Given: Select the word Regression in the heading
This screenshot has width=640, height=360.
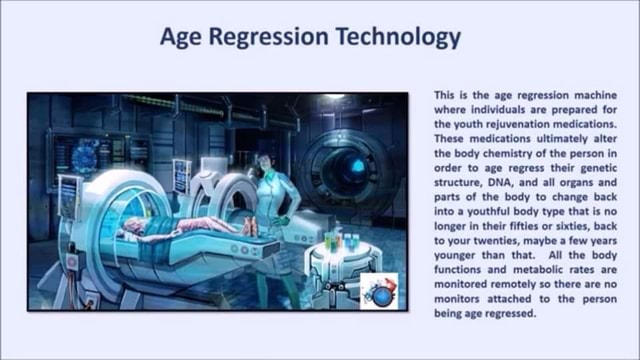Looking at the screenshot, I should [x=276, y=38].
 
